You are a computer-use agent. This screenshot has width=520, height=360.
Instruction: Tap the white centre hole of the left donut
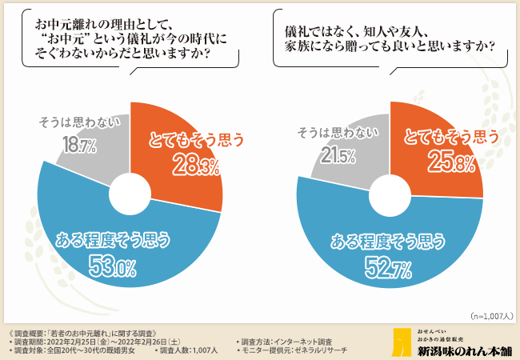pos(130,197)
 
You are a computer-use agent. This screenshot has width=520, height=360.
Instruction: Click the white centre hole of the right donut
pos(390,194)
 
